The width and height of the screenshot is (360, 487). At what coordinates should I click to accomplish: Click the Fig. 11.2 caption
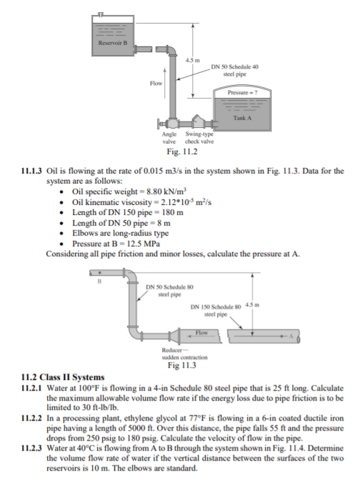coord(181,152)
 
